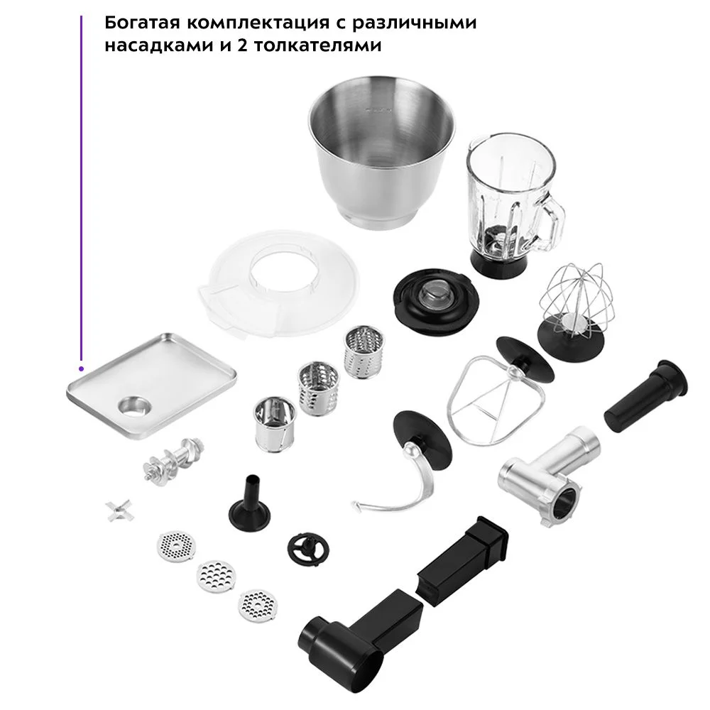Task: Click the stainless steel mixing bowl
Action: (382, 154)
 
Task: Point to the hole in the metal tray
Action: (136, 405)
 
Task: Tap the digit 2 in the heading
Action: (241, 45)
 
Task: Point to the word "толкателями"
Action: (317, 45)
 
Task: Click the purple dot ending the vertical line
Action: (81, 368)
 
